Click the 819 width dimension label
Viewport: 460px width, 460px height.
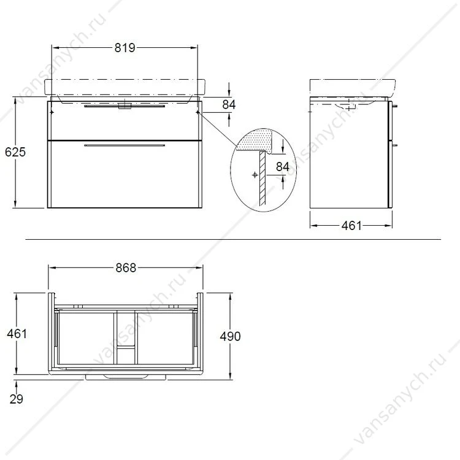coord(125,47)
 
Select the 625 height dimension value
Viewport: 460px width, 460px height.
coord(15,152)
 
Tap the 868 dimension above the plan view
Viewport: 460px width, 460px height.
coord(126,267)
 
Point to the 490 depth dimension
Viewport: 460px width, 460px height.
coord(230,336)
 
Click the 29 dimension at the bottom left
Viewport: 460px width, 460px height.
coord(16,399)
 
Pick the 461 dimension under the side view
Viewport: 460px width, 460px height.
coord(352,225)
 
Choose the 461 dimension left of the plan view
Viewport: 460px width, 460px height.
coord(17,334)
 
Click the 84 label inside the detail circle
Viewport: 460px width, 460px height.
coord(283,167)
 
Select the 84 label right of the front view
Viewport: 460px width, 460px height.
coord(229,104)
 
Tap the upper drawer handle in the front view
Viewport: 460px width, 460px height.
coord(125,106)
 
